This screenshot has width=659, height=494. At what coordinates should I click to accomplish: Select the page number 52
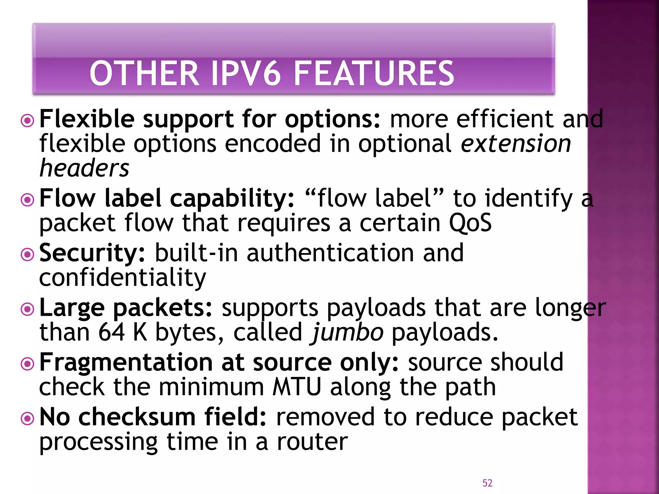[487, 483]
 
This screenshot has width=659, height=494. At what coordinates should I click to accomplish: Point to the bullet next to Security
[27, 255]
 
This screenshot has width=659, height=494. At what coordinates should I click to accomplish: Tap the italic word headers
[84, 168]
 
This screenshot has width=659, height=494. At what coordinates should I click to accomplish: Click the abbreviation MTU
[297, 387]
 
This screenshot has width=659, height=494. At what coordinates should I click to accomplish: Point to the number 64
[111, 333]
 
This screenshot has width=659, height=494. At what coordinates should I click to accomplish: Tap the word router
[312, 442]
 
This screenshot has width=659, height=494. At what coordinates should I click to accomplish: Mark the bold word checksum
[137, 417]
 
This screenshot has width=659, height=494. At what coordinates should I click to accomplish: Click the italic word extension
[516, 144]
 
